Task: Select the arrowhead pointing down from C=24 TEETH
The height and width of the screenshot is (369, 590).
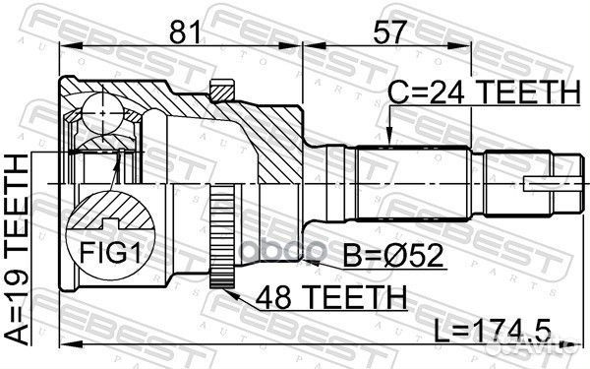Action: (390, 138)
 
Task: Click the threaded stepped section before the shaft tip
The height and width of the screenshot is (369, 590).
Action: (507, 183)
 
